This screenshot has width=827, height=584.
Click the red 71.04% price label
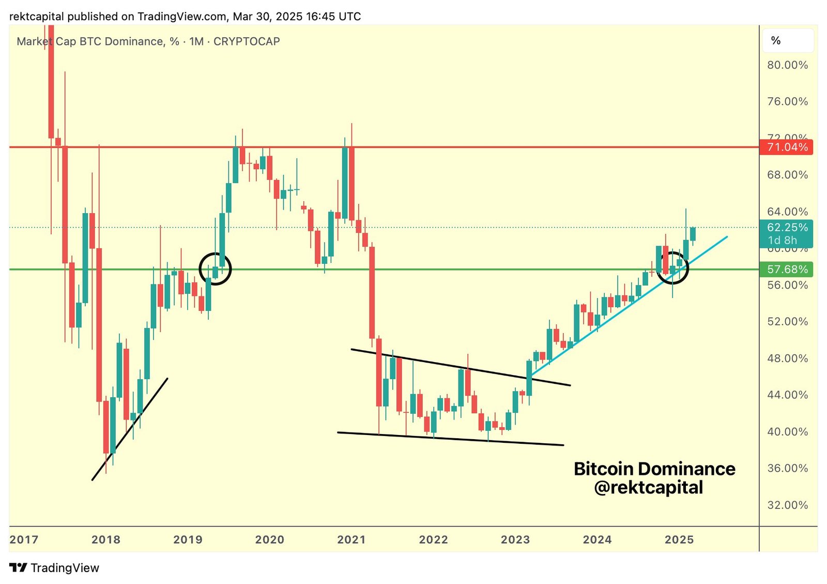click(786, 147)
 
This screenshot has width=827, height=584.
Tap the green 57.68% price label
click(786, 269)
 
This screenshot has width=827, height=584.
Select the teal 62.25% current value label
click(786, 228)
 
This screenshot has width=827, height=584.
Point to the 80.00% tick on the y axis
click(787, 65)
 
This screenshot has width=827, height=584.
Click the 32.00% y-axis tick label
click(787, 505)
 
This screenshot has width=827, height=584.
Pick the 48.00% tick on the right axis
click(787, 358)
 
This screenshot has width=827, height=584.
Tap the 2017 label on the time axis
click(24, 540)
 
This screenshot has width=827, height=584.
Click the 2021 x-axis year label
click(351, 540)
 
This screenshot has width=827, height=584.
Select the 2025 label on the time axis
click(679, 540)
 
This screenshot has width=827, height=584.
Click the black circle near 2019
click(215, 268)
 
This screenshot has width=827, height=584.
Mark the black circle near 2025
click(672, 267)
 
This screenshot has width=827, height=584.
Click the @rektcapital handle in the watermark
click(649, 488)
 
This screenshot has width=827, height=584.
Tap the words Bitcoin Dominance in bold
click(654, 469)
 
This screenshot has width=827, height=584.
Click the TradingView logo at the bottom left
click(54, 568)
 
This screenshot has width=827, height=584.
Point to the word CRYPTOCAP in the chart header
click(247, 41)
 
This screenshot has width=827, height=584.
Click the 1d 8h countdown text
click(782, 241)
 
